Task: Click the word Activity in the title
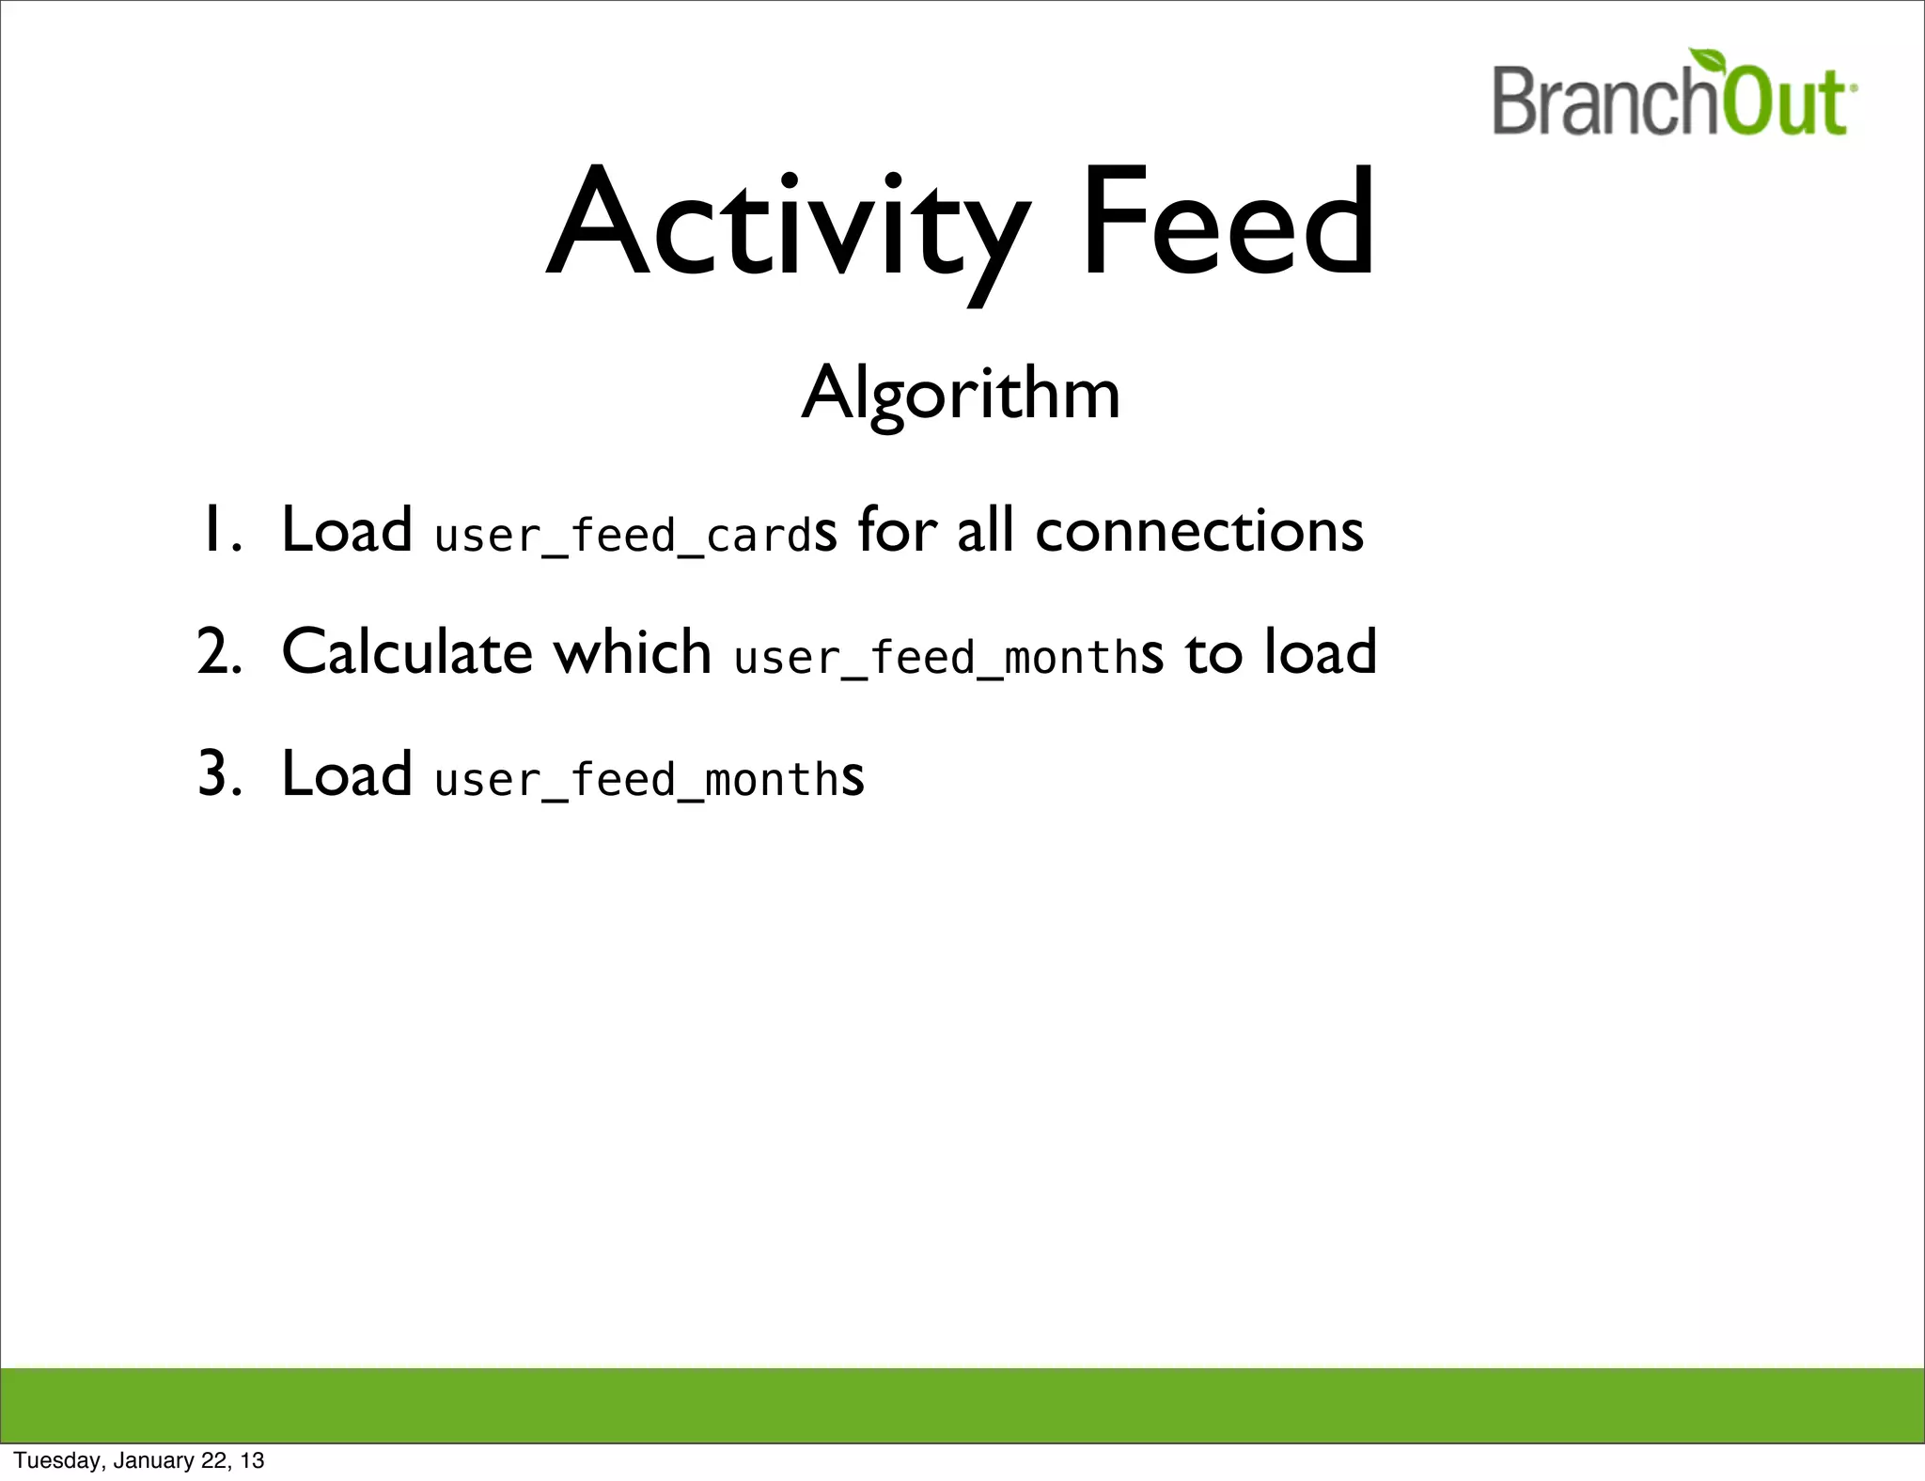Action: (x=788, y=226)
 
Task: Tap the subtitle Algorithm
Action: (x=961, y=393)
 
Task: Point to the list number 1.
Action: (x=218, y=531)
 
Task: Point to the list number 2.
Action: (x=218, y=652)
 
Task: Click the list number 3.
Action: (x=218, y=774)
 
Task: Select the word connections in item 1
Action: (x=1198, y=531)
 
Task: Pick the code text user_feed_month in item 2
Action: (x=936, y=657)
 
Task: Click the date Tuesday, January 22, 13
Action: (x=138, y=1460)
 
